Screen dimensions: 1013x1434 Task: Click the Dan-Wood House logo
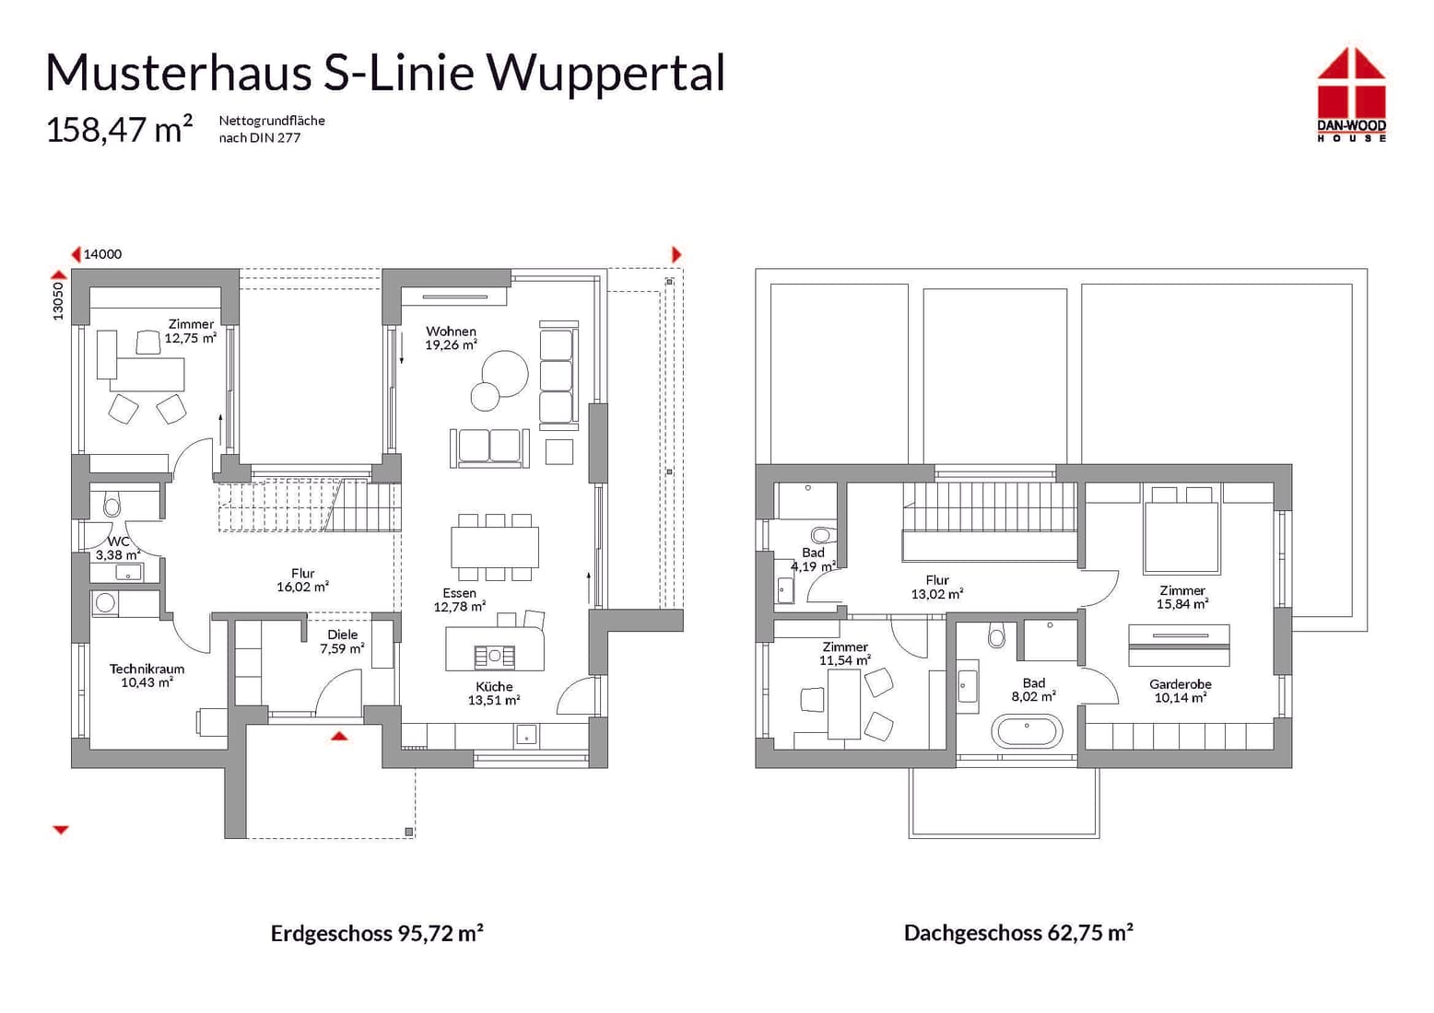(x=1351, y=94)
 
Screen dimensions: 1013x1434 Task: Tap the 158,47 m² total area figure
(x=119, y=130)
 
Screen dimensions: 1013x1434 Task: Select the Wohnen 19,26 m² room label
(x=451, y=338)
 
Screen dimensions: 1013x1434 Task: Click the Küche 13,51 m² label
(x=494, y=693)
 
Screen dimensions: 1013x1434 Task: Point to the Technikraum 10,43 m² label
(x=147, y=676)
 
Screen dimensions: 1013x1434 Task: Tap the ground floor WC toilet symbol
(x=112, y=506)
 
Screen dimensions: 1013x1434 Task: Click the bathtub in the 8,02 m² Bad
(x=1027, y=732)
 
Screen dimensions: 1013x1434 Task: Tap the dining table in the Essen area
(x=495, y=547)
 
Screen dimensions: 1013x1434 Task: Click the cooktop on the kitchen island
(x=495, y=656)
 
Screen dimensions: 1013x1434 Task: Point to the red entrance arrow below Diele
(x=339, y=736)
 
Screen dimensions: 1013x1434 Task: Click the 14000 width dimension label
(x=102, y=254)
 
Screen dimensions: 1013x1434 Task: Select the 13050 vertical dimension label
(x=58, y=301)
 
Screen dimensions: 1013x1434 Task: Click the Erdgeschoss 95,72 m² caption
(x=377, y=933)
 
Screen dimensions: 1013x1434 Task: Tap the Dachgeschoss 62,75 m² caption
(x=1018, y=933)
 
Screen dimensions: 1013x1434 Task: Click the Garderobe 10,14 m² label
(x=1180, y=691)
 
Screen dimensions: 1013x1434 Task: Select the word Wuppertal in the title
(x=605, y=73)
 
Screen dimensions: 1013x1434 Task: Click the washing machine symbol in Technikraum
(x=106, y=603)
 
